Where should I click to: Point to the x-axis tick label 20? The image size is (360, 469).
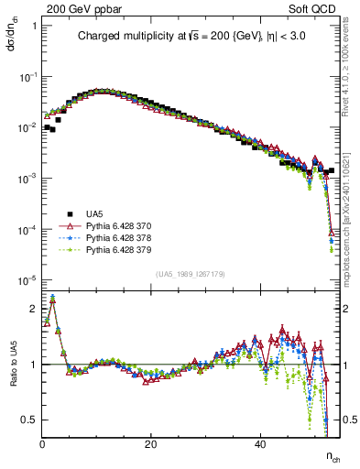pos(151,444)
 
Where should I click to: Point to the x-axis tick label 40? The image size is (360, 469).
pos(260,444)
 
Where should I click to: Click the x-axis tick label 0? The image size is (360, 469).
pos(43,444)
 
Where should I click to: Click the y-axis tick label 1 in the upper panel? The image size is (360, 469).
pos(34,26)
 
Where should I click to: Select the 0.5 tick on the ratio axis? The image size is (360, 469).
pos(30,420)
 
